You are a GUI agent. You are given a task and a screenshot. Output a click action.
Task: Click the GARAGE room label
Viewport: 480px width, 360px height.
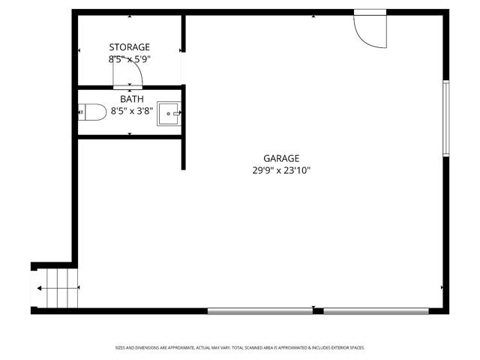coord(281,158)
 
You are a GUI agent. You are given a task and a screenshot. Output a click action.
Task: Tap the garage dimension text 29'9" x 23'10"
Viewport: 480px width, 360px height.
coord(281,170)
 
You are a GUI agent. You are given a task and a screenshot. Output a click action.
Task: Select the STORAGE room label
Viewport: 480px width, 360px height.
coord(129,47)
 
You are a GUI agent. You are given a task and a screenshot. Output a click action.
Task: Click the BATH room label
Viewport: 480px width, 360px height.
coord(131,99)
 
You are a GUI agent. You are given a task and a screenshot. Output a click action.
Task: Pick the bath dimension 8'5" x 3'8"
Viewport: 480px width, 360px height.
coord(131,111)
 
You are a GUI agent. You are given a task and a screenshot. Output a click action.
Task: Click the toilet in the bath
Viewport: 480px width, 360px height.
coord(93,112)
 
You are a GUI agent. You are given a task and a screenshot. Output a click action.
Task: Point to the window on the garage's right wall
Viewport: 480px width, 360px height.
coord(446,118)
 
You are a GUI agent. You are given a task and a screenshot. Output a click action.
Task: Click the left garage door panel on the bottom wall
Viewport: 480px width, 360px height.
coord(259,310)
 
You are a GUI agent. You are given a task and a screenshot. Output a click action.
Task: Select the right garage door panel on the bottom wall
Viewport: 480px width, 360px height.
coord(376,310)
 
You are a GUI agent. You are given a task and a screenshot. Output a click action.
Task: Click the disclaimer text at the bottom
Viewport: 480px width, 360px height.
coord(240,347)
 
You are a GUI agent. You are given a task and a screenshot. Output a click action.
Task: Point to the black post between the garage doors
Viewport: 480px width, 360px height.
coord(318,310)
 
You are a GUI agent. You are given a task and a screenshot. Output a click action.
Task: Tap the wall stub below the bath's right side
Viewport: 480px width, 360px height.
coord(182,153)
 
